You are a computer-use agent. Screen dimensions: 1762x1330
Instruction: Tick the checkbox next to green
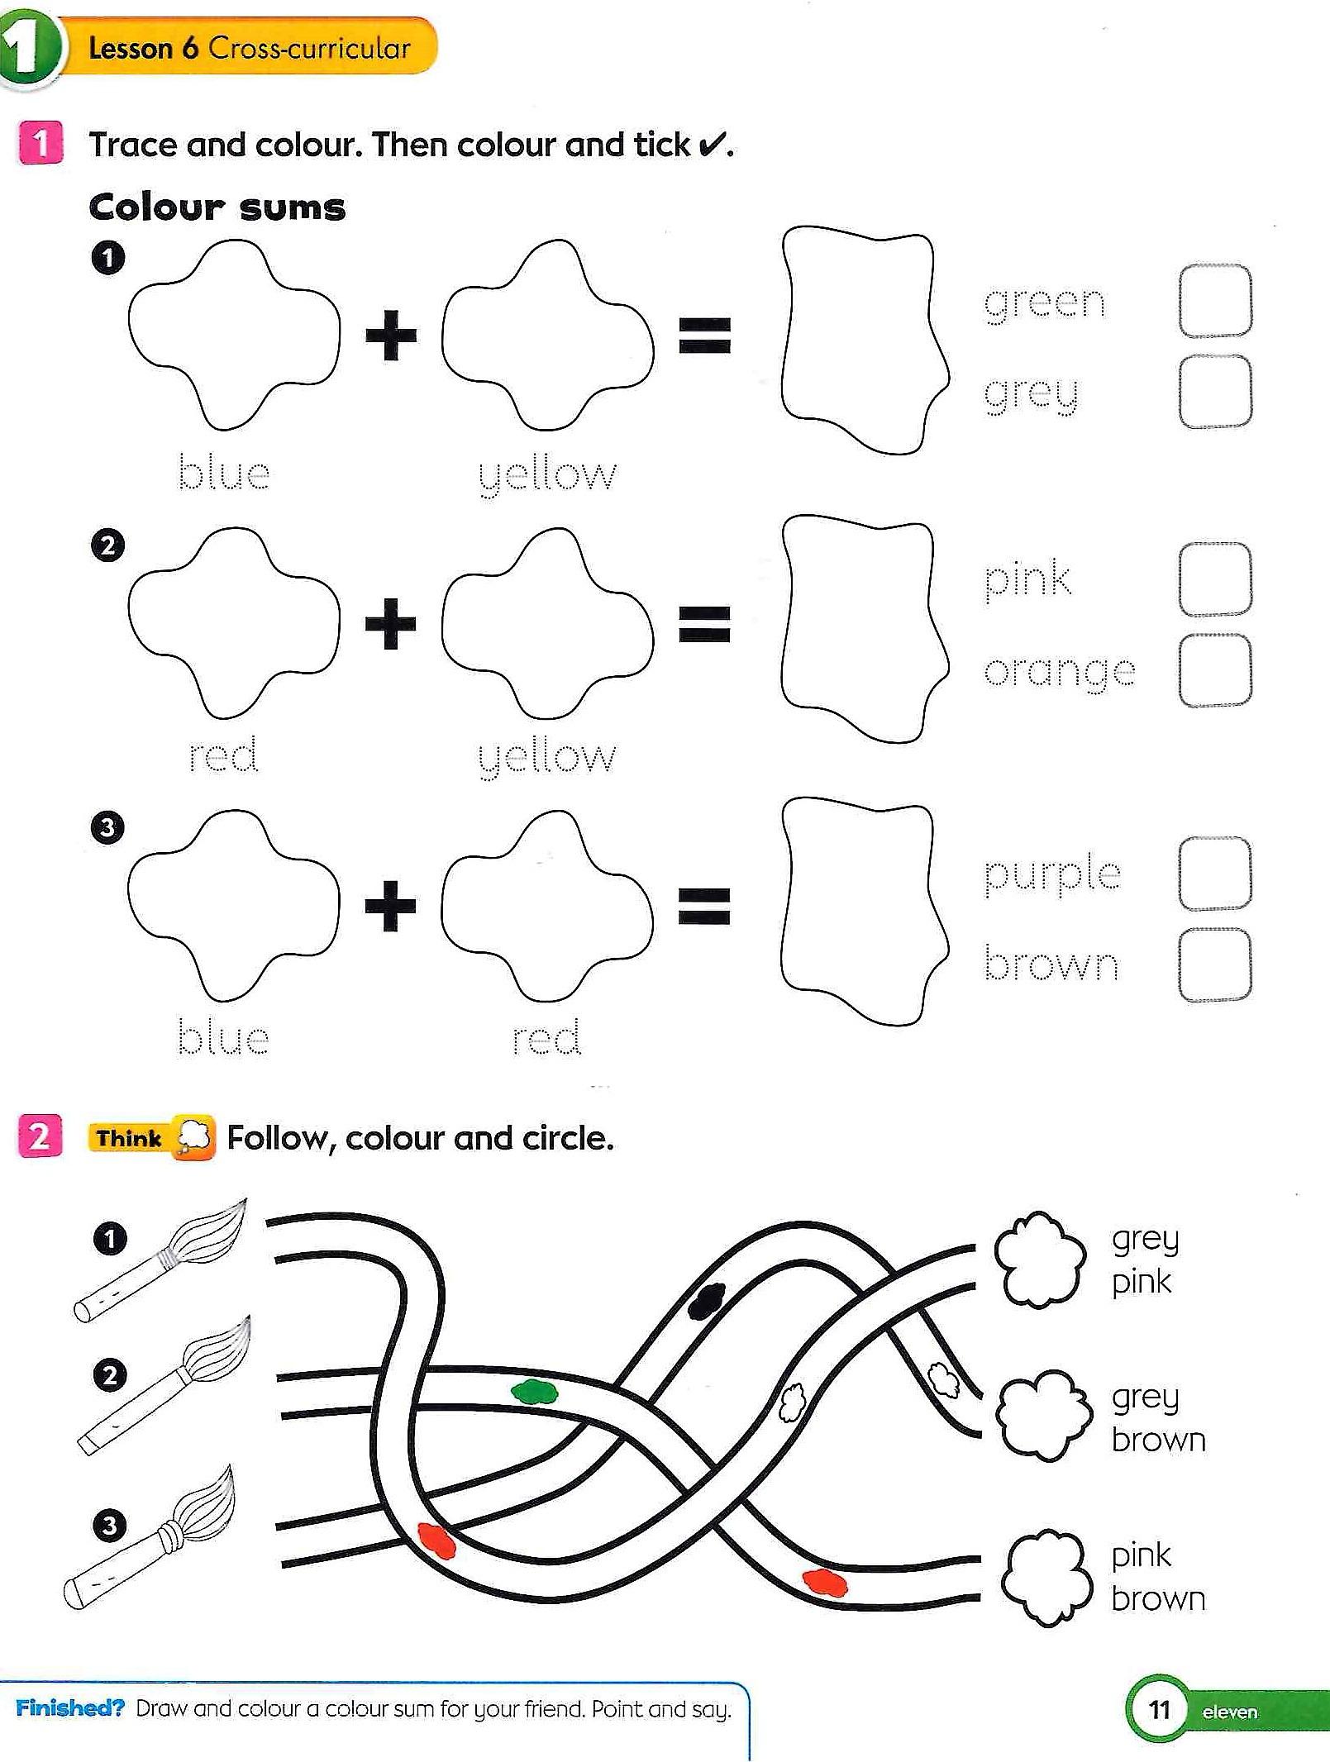[x=1214, y=301]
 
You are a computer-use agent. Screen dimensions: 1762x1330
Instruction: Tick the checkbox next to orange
[x=1214, y=670]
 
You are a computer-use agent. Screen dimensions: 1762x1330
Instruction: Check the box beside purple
[x=1214, y=874]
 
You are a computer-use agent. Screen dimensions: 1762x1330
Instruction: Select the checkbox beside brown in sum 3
[x=1214, y=965]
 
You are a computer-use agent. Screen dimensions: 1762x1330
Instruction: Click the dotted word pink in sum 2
[x=1027, y=579]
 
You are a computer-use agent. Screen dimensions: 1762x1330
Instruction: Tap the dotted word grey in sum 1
[x=1031, y=393]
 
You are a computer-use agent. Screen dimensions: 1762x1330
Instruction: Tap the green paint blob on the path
[x=534, y=1393]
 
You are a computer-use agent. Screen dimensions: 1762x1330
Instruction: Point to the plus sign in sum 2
[x=390, y=624]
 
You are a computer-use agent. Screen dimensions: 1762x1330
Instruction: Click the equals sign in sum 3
[x=704, y=905]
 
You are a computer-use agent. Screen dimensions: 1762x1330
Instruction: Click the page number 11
[x=1159, y=1710]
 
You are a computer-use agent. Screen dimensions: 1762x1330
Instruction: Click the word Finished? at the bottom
[x=69, y=1708]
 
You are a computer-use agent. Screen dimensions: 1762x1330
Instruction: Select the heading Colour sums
[x=217, y=207]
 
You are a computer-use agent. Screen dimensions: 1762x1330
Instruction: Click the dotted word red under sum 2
[x=223, y=755]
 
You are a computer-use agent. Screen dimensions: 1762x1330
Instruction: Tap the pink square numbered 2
[x=40, y=1136]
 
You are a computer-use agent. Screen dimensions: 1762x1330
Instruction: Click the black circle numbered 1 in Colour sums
[x=107, y=258]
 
